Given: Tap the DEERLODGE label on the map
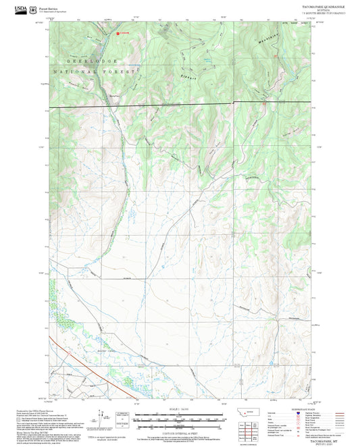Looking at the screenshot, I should coord(82,59).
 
